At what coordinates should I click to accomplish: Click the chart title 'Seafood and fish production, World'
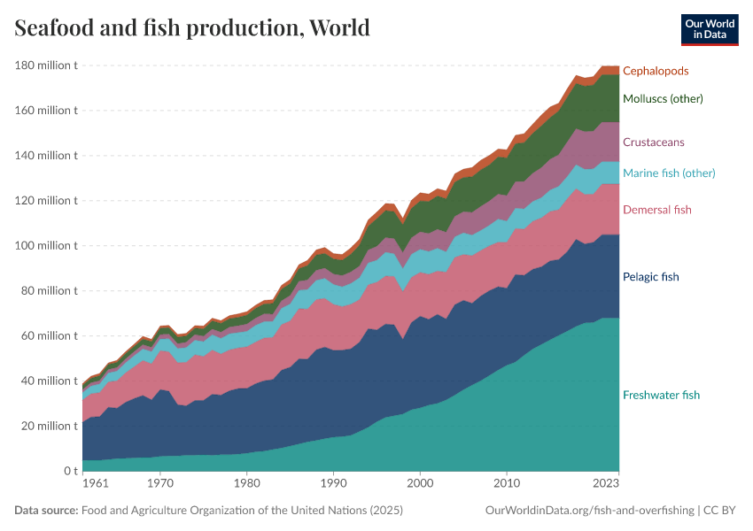[x=192, y=28]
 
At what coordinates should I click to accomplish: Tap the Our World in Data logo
[x=709, y=29]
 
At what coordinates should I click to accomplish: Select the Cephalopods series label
[x=656, y=71]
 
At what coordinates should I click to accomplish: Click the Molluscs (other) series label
[x=663, y=99]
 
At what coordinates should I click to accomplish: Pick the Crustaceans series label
[x=653, y=142]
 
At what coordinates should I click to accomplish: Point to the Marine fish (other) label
[x=669, y=173]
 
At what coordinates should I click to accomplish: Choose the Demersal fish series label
[x=656, y=210]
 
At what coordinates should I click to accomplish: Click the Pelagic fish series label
[x=650, y=277]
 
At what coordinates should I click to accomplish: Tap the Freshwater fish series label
[x=661, y=395]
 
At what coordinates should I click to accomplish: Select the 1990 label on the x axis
[x=333, y=484]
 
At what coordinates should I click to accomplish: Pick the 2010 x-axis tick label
[x=506, y=484]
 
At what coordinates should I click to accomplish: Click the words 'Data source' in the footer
[x=45, y=511]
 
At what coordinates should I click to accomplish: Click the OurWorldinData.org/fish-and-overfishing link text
[x=590, y=511]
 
